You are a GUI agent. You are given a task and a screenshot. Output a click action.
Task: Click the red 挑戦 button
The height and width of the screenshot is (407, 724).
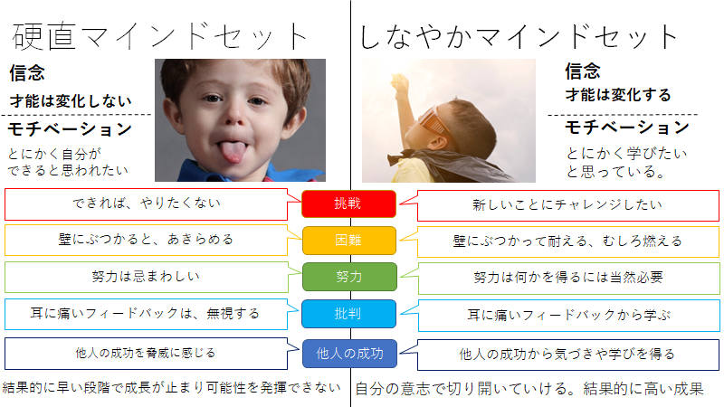[348, 203]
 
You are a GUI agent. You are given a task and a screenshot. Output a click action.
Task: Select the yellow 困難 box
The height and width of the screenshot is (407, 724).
[349, 241]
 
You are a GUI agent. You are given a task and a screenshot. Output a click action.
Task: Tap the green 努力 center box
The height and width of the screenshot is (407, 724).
[349, 277]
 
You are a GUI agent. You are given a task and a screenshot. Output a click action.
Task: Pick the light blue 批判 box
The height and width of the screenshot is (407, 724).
[348, 314]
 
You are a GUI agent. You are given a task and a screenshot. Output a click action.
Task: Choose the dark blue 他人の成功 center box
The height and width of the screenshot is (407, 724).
[349, 354]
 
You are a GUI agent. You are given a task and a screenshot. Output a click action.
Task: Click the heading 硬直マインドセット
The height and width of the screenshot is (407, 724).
[159, 36]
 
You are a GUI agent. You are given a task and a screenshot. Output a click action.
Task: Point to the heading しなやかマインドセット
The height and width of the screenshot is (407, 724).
[518, 37]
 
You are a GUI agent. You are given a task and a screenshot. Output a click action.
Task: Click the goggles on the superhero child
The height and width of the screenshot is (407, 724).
[434, 121]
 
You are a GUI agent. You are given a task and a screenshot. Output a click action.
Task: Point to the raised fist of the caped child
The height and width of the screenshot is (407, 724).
[399, 82]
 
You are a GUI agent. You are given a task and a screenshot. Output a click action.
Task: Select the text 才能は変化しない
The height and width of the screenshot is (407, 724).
[71, 100]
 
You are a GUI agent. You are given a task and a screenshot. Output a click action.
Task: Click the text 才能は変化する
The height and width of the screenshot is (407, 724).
[618, 95]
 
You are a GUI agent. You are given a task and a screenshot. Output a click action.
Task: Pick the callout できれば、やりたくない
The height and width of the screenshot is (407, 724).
[146, 203]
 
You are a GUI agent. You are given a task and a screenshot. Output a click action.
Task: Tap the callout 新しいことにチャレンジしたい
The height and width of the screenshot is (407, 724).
[568, 205]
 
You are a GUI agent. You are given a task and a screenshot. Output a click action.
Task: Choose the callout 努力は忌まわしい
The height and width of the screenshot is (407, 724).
[146, 277]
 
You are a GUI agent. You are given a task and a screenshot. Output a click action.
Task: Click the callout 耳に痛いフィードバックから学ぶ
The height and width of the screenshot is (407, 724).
[569, 315]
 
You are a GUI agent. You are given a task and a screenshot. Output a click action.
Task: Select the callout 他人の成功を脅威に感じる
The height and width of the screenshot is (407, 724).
[146, 354]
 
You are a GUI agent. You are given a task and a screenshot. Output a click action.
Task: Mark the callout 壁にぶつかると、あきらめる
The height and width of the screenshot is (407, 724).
[146, 240]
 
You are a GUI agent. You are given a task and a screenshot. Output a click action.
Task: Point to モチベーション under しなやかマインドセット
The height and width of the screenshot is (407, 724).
[627, 128]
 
